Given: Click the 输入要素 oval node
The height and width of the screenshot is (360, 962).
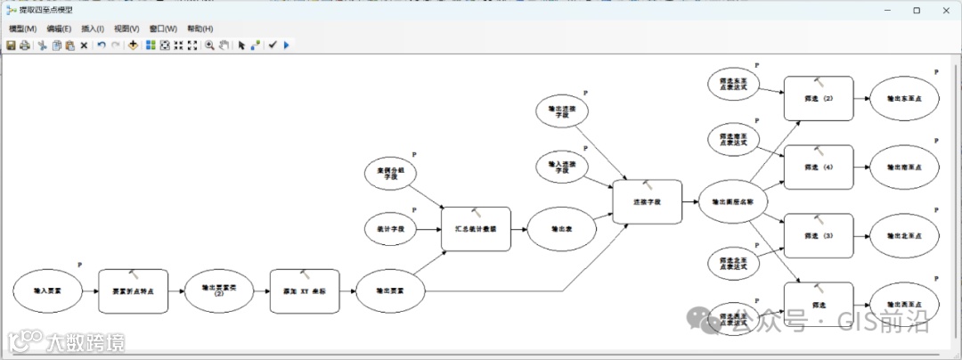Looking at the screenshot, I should click(x=47, y=291).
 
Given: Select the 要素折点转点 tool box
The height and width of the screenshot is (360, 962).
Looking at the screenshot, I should click(x=133, y=291).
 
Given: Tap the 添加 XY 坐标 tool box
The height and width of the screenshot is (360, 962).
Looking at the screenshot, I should click(x=305, y=291).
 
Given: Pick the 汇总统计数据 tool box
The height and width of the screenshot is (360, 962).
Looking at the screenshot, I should click(x=476, y=229).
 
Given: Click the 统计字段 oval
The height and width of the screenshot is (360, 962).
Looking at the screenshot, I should click(x=390, y=230).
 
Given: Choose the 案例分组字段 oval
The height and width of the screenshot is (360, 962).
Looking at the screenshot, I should click(x=390, y=174).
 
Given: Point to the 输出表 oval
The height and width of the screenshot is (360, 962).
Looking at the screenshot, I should click(x=561, y=230).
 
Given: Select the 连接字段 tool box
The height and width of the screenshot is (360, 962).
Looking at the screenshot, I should click(x=648, y=202).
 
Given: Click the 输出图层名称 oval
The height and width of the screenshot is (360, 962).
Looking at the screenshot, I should click(x=733, y=202).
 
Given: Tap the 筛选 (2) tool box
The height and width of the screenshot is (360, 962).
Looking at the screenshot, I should click(x=818, y=98).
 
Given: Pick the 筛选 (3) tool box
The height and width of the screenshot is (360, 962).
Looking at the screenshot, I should click(x=818, y=236).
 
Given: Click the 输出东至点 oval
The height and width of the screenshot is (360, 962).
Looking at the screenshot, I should click(x=903, y=98).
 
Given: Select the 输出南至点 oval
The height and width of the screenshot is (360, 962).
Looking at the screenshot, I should click(x=903, y=167).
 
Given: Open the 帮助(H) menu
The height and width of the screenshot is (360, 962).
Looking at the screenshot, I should click(x=200, y=29).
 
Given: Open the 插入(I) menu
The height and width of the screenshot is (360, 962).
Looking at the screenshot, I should click(x=93, y=29).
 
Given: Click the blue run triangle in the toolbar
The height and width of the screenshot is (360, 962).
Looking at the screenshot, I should click(x=286, y=45).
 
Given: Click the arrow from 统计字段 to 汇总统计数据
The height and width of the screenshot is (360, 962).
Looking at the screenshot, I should click(x=430, y=230).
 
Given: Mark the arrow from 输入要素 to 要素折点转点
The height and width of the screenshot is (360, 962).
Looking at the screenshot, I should click(x=90, y=291).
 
